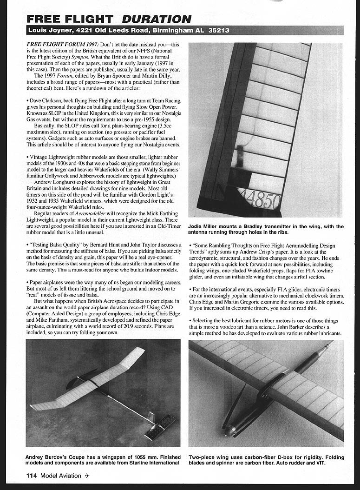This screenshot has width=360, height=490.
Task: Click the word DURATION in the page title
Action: pos(157,19)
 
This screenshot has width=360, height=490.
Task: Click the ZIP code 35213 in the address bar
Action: pos(217,31)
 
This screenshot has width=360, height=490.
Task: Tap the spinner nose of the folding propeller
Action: pos(228,432)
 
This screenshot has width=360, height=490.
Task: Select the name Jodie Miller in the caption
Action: pos(205,227)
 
